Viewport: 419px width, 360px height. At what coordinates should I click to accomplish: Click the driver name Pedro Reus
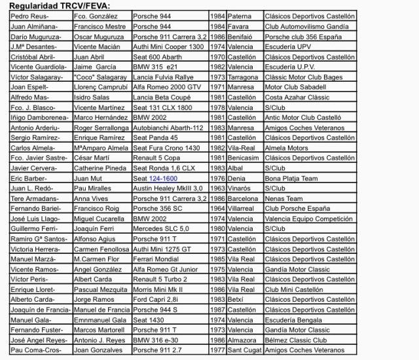pyautogui.click(x=29, y=16)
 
